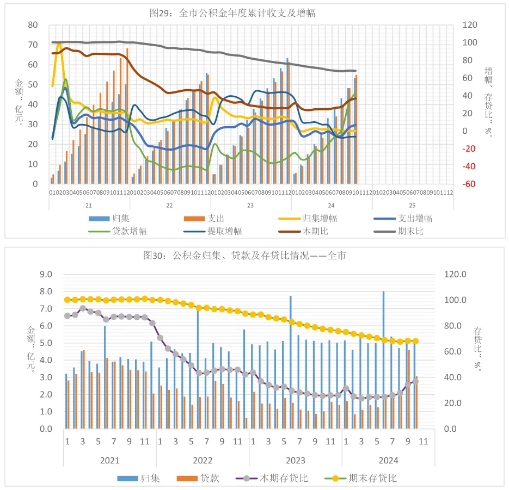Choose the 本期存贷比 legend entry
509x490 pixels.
coord(284,478)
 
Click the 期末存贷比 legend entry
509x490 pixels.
coord(372,478)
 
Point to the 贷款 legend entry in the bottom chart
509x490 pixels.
coord(209,478)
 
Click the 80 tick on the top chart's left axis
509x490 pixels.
coord(33,25)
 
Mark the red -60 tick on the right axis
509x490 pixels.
coord(469,184)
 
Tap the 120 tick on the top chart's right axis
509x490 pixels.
coord(469,25)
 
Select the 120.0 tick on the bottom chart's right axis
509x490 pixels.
coord(455,275)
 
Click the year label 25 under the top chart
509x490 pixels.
coord(412,206)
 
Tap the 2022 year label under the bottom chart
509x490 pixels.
coord(203,460)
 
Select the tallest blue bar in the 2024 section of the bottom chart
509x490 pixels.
coord(383,359)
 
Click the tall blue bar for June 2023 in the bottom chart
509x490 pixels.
coord(291,362)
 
